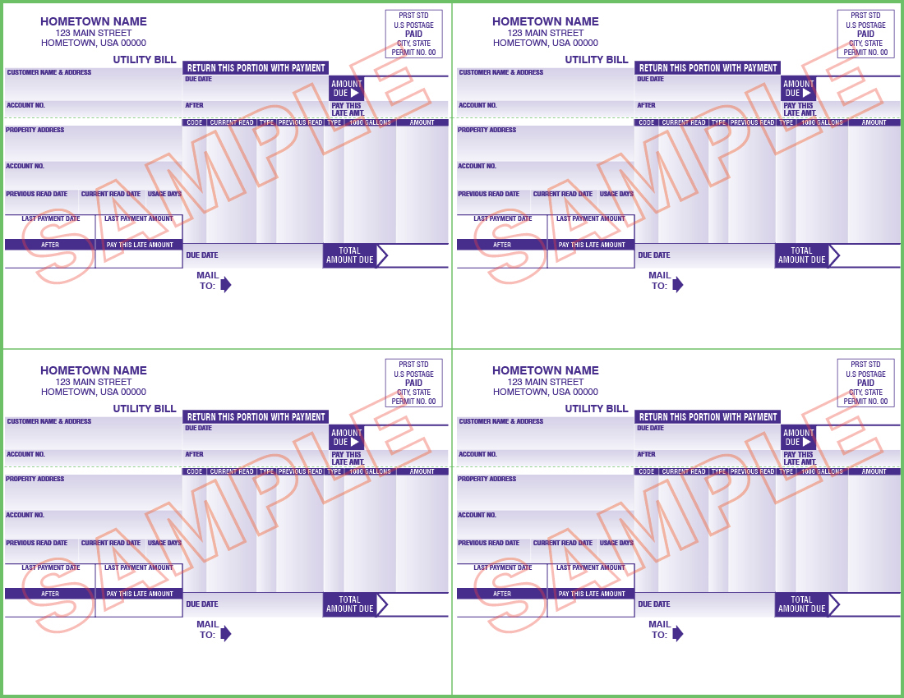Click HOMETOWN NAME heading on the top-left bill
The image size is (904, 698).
94,21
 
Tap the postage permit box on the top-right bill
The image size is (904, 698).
865,34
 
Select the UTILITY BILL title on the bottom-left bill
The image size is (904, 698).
145,408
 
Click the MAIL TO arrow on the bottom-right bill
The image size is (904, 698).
677,633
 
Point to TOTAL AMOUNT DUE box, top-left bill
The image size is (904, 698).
349,255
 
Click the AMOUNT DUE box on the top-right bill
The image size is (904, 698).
798,89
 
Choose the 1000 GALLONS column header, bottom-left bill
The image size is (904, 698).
370,471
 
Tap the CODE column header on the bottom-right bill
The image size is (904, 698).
647,471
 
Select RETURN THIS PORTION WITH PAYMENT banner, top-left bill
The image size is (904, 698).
256,68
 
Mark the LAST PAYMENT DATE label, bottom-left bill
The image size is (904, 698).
51,567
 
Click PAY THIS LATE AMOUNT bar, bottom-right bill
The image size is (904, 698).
592,594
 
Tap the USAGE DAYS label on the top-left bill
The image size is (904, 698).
164,194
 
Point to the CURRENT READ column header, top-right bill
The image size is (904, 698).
684,122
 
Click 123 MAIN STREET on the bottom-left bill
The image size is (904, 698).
94,382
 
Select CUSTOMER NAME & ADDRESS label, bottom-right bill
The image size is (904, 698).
500,421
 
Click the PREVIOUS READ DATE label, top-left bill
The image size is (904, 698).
37,194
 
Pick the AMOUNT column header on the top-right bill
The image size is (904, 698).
874,122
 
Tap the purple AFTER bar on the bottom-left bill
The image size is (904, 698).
50,594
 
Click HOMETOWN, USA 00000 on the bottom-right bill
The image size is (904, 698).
546,392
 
